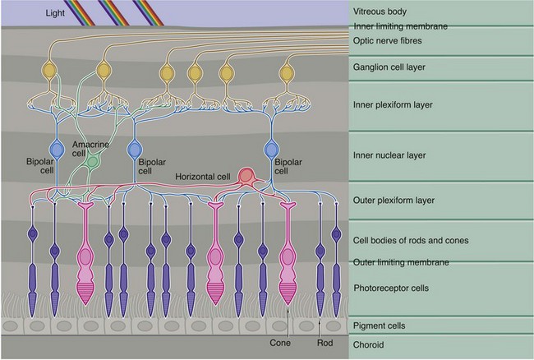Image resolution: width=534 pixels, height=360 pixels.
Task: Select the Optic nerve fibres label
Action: coord(388,40)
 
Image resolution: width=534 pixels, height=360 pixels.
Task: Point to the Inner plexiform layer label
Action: coord(392,105)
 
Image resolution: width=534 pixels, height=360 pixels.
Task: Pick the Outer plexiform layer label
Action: coord(392,200)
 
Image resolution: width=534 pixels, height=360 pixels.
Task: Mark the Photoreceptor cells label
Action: coord(390,288)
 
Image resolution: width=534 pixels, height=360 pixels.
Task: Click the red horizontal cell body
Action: coord(246,175)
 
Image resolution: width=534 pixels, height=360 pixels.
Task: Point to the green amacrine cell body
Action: coord(92,164)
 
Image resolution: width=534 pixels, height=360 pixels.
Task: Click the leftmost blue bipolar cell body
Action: coord(57,150)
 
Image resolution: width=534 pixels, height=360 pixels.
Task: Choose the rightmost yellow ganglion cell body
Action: coord(287,75)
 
